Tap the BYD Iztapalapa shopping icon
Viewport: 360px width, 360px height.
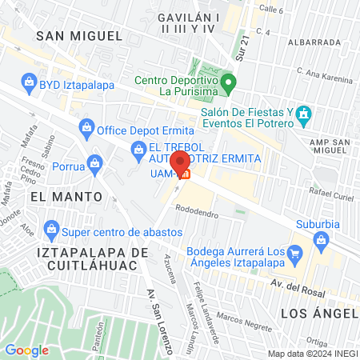29,82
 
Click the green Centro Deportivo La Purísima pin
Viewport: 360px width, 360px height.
228,81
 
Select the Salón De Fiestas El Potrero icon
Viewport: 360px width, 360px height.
302,114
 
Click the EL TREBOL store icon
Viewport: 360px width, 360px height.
139,148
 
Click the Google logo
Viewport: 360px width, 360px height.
26,350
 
